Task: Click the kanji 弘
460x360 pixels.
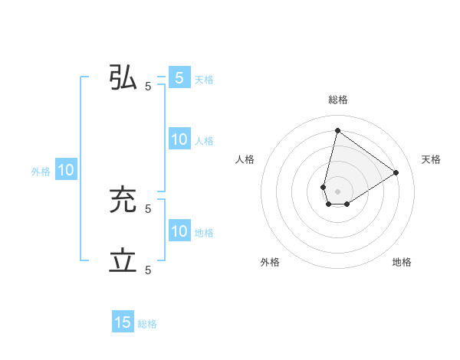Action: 123,79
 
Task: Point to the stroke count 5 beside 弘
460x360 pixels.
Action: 148,87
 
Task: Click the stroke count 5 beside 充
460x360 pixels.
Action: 148,208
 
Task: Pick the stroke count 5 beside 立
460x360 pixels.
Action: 148,270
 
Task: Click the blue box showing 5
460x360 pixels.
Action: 179,78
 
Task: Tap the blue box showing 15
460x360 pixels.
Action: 123,322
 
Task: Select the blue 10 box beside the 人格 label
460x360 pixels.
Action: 179,139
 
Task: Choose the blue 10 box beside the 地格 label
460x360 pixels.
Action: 179,231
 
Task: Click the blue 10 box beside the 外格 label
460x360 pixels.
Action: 66,170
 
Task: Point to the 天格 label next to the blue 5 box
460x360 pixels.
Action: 204,80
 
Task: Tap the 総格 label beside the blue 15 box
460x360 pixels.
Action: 147,324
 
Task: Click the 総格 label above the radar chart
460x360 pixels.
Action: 337,100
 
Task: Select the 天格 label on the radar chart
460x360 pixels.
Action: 432,159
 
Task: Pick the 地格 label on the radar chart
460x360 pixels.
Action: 402,262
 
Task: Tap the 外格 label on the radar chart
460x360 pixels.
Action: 270,262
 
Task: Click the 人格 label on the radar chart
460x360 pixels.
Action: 245,159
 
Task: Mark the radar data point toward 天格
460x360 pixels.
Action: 396,172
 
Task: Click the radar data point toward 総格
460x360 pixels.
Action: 337,130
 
